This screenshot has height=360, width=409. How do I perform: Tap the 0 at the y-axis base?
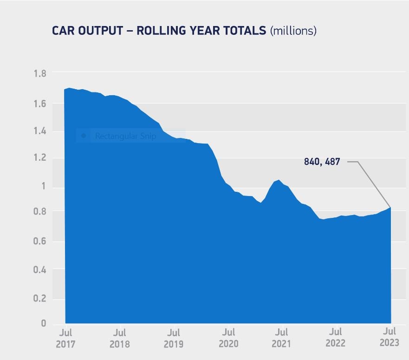point(44,323)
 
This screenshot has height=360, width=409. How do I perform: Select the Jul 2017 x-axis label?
point(65,338)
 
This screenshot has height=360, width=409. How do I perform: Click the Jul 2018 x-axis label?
point(120,338)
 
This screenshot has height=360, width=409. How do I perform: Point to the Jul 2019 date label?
point(174,338)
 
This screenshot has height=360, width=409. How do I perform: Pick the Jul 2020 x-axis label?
point(228,338)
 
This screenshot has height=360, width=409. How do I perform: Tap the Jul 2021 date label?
point(281,338)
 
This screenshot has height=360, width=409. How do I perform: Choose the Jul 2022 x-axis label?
point(335,338)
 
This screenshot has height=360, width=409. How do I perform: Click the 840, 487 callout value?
point(322,162)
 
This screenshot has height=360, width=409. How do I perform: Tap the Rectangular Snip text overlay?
point(125,136)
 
